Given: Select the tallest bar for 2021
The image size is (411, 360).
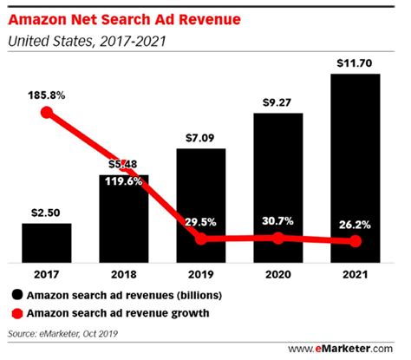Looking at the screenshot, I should coord(355,169).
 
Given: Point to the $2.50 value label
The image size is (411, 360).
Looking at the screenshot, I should coord(47,211).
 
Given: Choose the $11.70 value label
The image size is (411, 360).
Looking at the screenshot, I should coord(355,62).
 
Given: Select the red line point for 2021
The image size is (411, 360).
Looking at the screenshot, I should coord(355,242).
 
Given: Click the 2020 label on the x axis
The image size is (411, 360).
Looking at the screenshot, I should coord(279,276).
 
